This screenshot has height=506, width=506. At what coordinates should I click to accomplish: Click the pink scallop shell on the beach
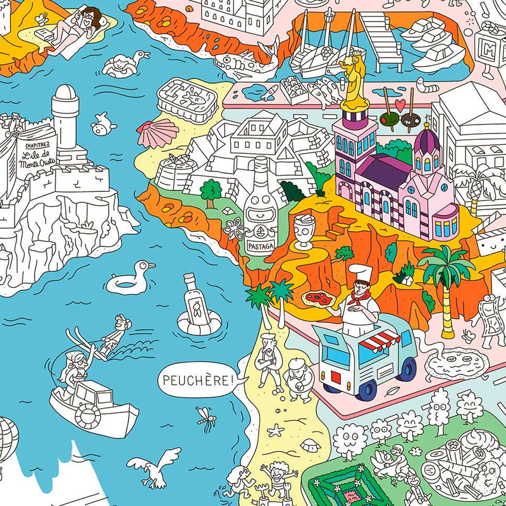(x=166, y=132)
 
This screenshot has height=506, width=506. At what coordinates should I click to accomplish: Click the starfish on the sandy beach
(x=276, y=431)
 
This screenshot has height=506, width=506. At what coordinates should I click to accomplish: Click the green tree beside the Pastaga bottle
(x=211, y=188)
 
